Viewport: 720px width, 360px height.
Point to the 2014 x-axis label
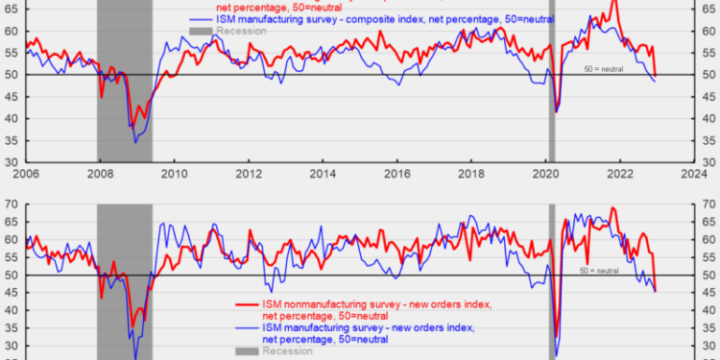(x=323, y=175)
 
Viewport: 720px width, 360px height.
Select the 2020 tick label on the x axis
(x=545, y=175)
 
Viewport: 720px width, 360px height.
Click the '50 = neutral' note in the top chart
(x=605, y=69)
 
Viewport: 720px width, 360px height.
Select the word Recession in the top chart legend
(x=241, y=32)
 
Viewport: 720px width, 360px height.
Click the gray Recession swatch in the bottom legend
(x=246, y=352)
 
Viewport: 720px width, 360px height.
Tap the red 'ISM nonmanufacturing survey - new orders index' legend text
(x=375, y=304)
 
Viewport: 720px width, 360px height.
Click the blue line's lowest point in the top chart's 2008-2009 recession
(x=136, y=142)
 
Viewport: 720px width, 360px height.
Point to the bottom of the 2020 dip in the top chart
(x=558, y=112)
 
